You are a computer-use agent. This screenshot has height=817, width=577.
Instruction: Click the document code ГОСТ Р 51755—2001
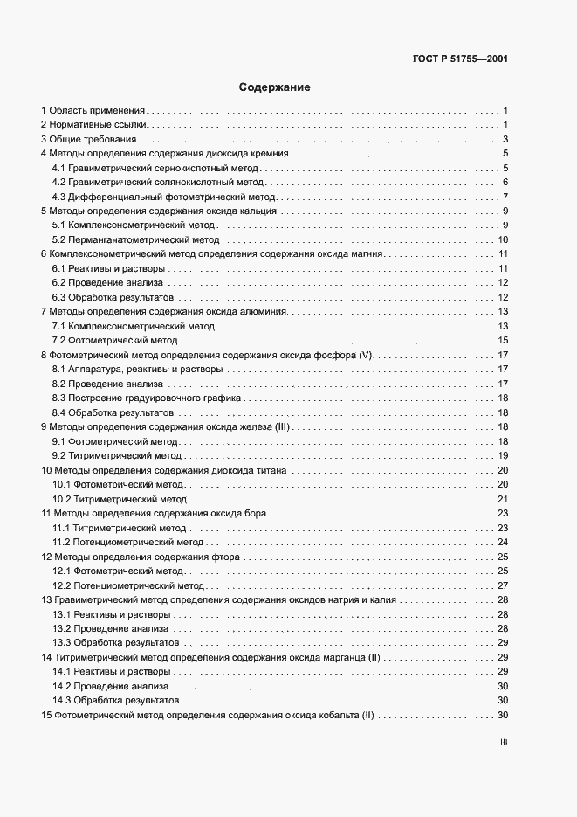[459, 59]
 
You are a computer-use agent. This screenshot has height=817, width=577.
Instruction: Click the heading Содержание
[274, 87]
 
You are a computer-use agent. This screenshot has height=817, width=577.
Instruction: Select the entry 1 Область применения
[93, 111]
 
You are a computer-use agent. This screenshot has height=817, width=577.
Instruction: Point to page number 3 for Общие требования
[505, 140]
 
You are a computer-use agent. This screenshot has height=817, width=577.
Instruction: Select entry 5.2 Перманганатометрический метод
[135, 239]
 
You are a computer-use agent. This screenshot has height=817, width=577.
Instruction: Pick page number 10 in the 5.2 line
[503, 239]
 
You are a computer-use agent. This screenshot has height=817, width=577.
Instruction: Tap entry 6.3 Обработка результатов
[115, 297]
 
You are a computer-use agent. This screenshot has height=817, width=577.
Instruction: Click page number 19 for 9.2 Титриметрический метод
[503, 455]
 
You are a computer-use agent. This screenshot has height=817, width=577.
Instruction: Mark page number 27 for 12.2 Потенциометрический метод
[503, 585]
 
